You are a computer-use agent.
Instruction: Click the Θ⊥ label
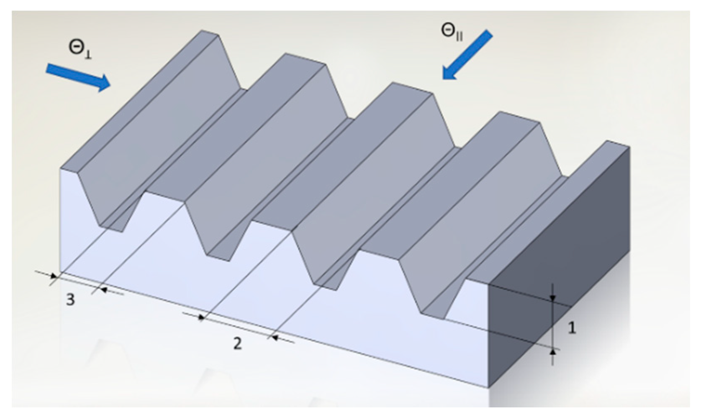point(80,50)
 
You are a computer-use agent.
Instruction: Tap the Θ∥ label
point(452,33)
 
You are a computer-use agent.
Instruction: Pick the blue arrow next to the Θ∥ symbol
point(467,55)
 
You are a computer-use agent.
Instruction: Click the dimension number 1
point(572,328)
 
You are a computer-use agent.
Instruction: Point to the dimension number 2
point(238,344)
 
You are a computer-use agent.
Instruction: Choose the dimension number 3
point(70,300)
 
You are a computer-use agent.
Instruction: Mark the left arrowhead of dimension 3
point(54,276)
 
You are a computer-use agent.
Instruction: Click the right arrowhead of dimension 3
point(104,290)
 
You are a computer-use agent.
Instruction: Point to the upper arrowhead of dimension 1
point(553,298)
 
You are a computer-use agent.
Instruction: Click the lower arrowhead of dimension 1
point(553,352)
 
